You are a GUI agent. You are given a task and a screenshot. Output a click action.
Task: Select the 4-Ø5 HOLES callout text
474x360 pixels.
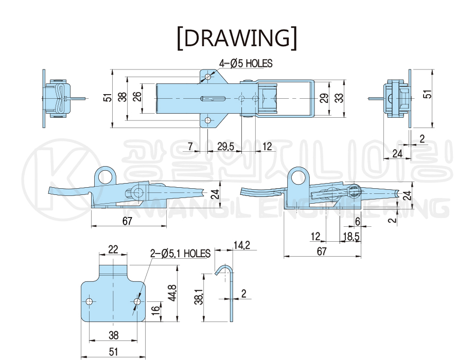pyautogui.click(x=245, y=63)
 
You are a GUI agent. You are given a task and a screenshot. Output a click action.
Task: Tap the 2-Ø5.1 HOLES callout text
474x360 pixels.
pyautogui.click(x=180, y=254)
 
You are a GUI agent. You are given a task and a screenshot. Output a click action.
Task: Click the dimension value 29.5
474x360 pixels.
pyautogui.click(x=225, y=147)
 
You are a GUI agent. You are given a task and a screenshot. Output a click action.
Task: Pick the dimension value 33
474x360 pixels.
pyautogui.click(x=339, y=97)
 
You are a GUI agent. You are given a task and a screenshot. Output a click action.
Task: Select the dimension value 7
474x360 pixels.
pyautogui.click(x=190, y=147)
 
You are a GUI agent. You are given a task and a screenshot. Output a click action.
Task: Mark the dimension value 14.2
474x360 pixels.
pyautogui.click(x=241, y=246)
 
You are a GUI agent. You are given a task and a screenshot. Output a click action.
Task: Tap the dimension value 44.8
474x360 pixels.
pyautogui.click(x=173, y=293)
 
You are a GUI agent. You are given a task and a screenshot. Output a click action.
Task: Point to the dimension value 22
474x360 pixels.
pyautogui.click(x=113, y=249)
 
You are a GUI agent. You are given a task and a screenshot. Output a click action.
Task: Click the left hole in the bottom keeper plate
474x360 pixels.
pyautogui.click(x=90, y=301)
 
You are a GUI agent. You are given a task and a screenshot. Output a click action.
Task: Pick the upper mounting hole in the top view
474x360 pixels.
pyautogui.click(x=207, y=77)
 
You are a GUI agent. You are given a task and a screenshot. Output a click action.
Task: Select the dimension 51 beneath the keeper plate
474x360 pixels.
pyautogui.click(x=113, y=351)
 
